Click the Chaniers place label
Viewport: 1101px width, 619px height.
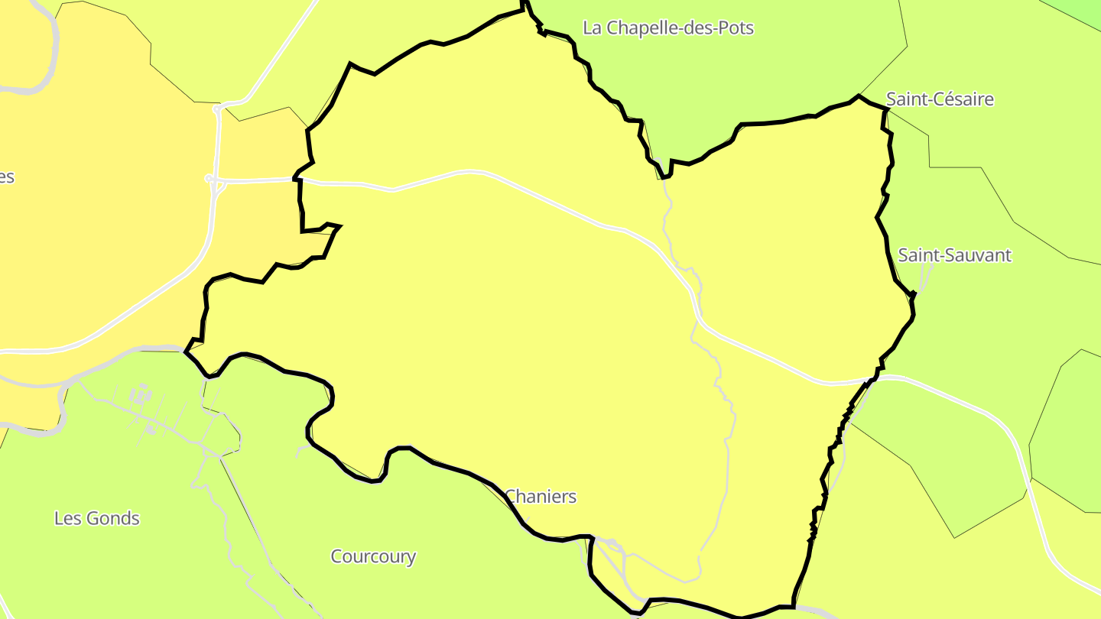(x=541, y=497)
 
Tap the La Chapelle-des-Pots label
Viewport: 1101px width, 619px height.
(x=668, y=28)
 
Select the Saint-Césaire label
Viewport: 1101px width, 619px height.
(x=940, y=99)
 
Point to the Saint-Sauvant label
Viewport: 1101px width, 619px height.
(x=954, y=255)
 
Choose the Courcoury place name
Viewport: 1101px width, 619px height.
(x=373, y=556)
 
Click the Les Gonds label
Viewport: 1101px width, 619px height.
(x=97, y=518)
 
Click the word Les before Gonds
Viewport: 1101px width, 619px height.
(x=67, y=518)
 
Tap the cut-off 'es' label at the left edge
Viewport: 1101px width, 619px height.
(x=6, y=177)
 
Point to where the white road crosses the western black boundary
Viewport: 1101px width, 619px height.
(x=298, y=180)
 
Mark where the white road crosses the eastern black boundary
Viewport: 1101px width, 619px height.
(x=872, y=378)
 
